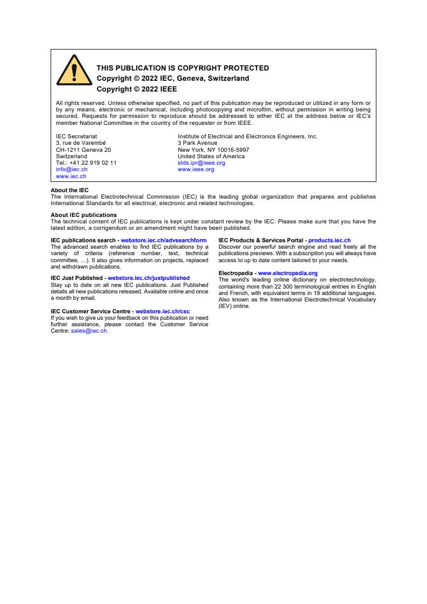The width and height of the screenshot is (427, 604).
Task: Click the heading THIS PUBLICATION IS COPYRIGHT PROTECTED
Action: pos(183,68)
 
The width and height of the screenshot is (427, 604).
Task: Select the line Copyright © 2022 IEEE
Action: pos(137,89)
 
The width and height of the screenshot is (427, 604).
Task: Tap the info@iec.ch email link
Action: pos(72,169)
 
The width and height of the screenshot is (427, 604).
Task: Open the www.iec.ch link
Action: pos(71,176)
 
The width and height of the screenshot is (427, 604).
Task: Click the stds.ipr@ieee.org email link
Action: pos(201,163)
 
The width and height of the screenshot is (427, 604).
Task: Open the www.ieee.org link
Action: pos(196,169)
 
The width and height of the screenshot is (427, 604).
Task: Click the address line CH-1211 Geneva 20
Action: pos(83,150)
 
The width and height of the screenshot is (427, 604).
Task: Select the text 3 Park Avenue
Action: pos(198,143)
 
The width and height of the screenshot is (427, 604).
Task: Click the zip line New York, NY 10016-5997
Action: pos(213,150)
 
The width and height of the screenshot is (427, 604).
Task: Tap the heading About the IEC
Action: pos(69,190)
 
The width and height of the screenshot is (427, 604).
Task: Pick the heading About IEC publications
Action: pos(83,215)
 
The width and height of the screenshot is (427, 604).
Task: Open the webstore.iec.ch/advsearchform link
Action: pos(164,241)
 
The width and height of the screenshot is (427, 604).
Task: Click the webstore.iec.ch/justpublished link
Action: pos(149,278)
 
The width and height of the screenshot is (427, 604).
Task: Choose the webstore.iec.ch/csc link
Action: pos(163,311)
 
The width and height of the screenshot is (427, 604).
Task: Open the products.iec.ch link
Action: pos(330,241)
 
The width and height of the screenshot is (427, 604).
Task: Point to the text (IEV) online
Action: pos(234,306)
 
